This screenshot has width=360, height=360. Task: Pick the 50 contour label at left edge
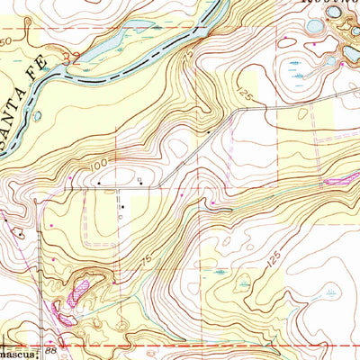6,41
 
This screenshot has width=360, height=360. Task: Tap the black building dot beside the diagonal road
210,132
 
